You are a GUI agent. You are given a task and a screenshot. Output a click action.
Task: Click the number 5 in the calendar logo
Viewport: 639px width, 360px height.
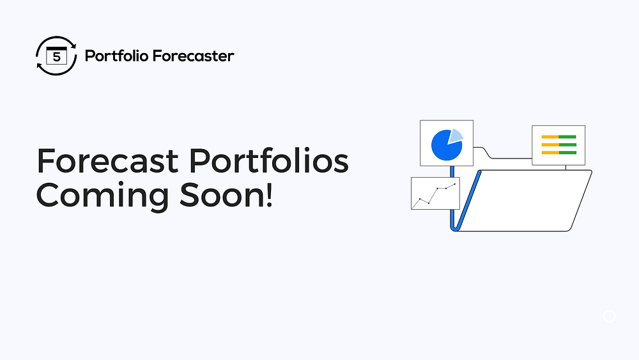pos(57,57)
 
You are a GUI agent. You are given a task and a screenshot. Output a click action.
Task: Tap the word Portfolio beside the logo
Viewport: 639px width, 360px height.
pos(116,56)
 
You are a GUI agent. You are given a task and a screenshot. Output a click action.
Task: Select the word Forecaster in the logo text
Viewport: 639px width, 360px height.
pos(194,56)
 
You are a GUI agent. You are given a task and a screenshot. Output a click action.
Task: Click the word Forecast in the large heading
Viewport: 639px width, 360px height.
pos(107,160)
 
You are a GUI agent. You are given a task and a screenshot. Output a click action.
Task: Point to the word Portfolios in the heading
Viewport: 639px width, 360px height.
pos(268,160)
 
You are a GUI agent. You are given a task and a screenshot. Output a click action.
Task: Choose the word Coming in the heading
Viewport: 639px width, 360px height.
pos(103,196)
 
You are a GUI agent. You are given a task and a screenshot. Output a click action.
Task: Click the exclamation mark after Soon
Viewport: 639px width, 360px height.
pos(269,195)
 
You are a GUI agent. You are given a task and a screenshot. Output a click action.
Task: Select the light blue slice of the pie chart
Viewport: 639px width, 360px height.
pos(456,136)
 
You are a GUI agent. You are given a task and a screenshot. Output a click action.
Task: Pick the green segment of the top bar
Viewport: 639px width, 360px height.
pos(567,137)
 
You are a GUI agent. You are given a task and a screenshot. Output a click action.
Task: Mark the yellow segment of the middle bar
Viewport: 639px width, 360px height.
pos(550,145)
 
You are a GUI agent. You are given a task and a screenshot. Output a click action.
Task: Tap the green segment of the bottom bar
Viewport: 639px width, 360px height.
pos(567,152)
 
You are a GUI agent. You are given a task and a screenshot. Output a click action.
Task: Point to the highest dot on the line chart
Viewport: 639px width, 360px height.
pos(455,184)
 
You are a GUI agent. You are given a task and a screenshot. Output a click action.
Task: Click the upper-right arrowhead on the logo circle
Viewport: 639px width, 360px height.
pos(73,45)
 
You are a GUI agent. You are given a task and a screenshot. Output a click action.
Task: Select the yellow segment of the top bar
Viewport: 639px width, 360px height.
pos(550,137)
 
